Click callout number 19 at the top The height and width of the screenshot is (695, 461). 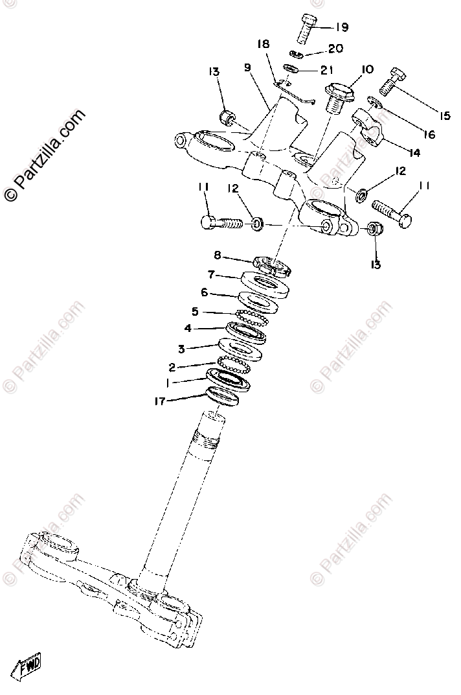[341, 27]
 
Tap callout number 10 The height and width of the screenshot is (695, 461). [367, 69]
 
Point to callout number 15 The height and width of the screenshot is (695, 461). [444, 116]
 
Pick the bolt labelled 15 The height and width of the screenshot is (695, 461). [392, 82]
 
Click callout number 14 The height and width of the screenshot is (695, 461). [414, 153]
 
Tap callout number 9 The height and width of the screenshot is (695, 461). [247, 67]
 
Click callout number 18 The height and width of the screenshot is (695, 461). [263, 45]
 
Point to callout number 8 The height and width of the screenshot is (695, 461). [218, 256]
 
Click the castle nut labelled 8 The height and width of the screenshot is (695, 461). [272, 266]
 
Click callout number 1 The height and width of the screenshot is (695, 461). [167, 383]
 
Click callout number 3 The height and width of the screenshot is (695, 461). [182, 349]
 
